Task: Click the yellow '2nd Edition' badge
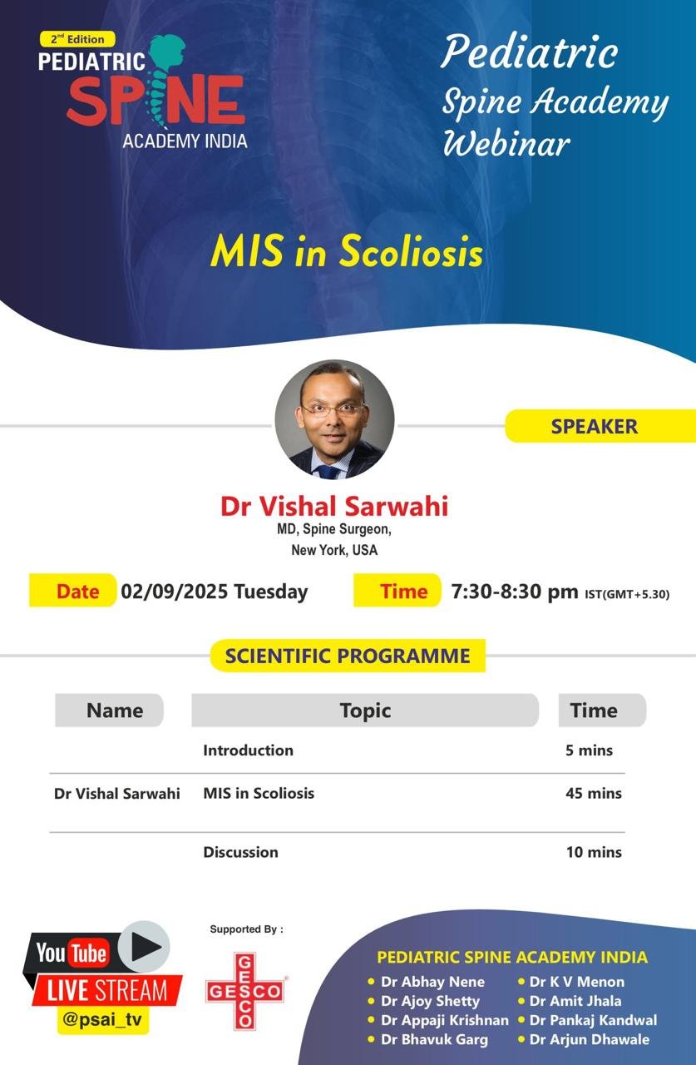tap(77, 39)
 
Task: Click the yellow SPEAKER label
tap(594, 426)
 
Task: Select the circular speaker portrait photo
tap(334, 419)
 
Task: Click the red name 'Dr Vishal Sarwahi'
tap(333, 506)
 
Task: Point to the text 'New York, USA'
tap(333, 550)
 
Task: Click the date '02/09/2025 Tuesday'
tap(214, 592)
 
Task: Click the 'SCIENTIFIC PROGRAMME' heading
tap(348, 656)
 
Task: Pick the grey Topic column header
tap(364, 711)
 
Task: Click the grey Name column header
tap(114, 711)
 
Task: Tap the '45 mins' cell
tap(593, 793)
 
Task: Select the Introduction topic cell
tap(248, 750)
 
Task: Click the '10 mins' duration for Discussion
tap(593, 851)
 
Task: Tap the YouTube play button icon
tap(144, 947)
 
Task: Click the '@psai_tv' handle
tap(103, 1020)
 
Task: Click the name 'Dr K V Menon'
tap(576, 982)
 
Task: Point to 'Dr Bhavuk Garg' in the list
tap(433, 1039)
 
